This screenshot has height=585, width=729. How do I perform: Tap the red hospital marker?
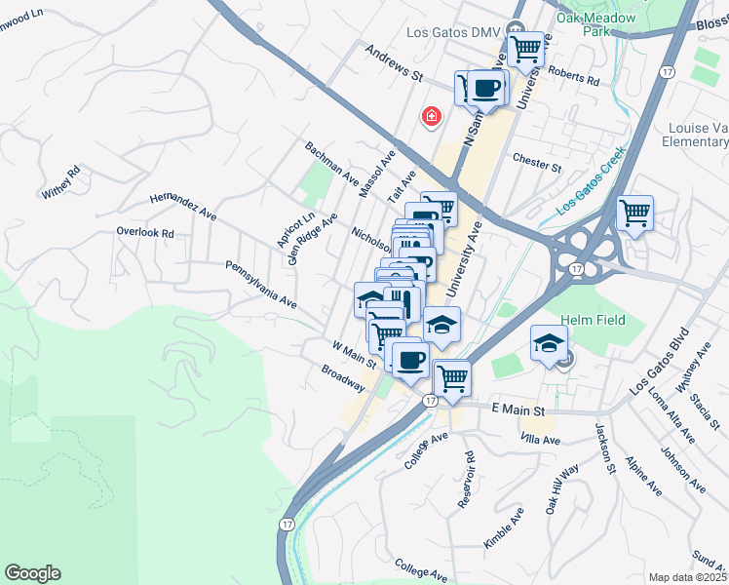[430, 117]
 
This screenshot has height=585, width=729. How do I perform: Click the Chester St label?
[537, 161]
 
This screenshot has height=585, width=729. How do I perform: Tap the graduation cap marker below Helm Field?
[549, 342]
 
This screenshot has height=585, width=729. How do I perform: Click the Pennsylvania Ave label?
[260, 284]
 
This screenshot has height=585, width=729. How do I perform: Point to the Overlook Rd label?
[144, 233]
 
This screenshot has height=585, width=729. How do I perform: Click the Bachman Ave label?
[332, 164]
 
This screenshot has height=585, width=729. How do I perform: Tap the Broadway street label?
[342, 378]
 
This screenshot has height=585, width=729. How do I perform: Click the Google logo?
[32, 573]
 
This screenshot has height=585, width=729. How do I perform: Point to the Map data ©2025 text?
[687, 577]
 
